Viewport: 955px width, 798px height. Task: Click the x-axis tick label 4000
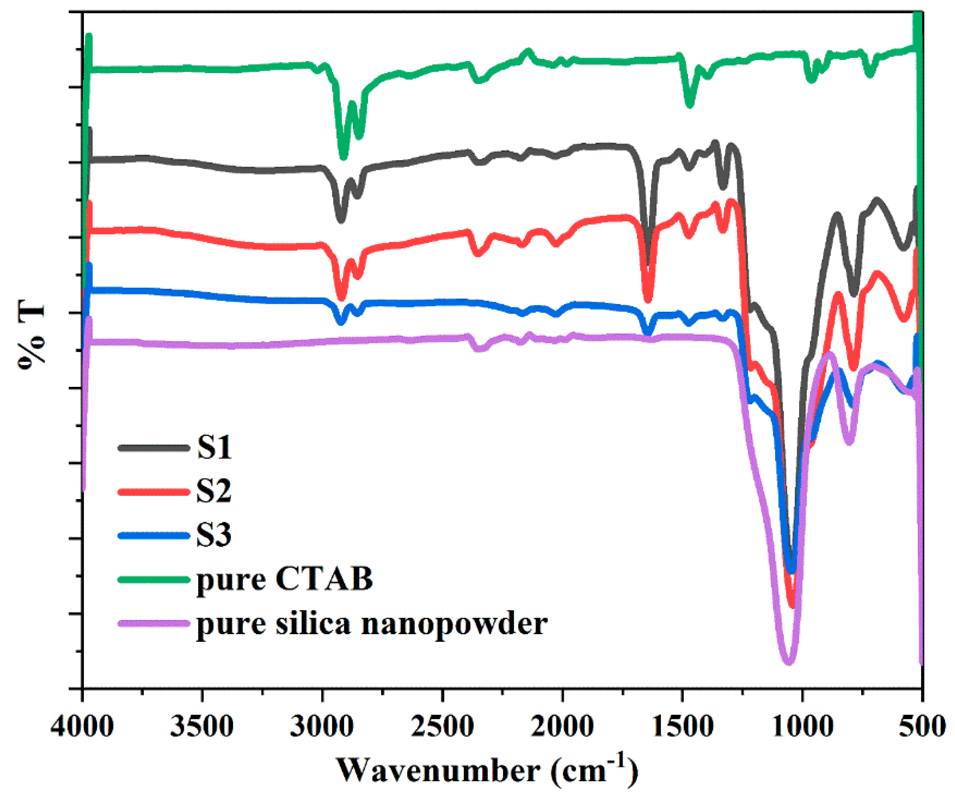click(82, 726)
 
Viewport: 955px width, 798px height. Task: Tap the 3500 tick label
click(202, 726)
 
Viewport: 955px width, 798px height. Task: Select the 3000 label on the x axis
click(322, 726)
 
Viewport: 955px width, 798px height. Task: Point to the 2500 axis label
click(442, 726)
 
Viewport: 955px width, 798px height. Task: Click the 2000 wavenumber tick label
click(562, 726)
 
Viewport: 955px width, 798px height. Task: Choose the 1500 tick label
click(682, 726)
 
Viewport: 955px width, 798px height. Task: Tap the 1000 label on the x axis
click(802, 726)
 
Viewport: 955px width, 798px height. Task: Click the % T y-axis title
click(32, 334)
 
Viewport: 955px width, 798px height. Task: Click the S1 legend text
click(214, 448)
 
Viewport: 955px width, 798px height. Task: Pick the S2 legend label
click(214, 492)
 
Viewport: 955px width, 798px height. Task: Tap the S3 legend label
click(214, 535)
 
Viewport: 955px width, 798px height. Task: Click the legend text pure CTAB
click(284, 579)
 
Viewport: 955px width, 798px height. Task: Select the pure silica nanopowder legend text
click(372, 623)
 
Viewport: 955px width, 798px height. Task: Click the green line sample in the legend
click(154, 579)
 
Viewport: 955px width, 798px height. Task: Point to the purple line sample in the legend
click(154, 623)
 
